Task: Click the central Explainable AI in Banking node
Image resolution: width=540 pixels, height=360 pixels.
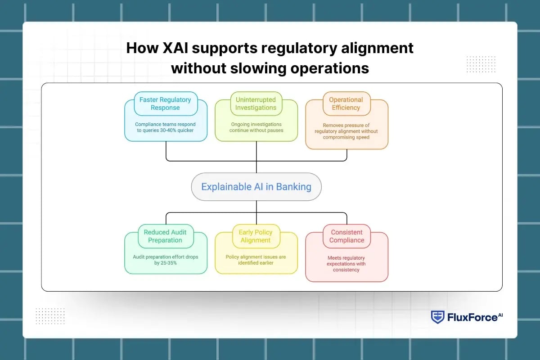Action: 256,186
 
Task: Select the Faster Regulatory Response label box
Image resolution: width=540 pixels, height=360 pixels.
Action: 165,104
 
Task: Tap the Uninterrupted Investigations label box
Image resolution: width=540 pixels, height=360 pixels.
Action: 256,104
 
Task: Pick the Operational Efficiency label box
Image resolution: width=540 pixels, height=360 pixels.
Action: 346,104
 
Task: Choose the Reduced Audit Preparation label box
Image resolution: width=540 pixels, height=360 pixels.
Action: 165,236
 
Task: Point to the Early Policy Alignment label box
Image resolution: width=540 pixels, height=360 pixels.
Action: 256,236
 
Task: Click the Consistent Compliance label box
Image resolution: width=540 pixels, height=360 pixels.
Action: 346,236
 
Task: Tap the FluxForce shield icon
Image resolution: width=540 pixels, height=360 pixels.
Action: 437,317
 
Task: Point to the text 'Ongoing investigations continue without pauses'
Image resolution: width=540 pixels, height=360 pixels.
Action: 256,127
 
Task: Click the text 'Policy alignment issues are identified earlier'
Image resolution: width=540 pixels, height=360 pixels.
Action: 256,260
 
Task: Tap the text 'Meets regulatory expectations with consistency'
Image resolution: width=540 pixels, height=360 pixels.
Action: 346,264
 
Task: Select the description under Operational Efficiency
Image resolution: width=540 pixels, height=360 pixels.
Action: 346,131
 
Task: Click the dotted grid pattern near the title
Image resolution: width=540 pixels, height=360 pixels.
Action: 481,64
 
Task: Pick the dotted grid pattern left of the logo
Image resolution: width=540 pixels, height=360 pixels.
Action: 49,315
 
